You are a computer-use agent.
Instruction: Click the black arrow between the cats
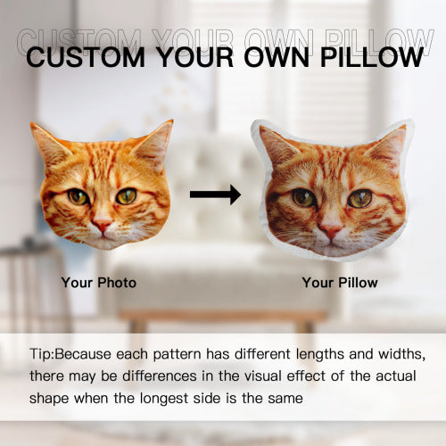pos(215,194)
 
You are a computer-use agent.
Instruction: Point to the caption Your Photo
pos(99,283)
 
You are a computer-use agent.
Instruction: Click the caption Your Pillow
pos(340,283)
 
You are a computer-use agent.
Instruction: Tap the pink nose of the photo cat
pos(102,226)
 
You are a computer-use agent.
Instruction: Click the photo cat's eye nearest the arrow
pos(127,195)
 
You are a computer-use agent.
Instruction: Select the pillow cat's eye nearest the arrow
pos(303,197)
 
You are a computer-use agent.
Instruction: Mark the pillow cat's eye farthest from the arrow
pos(359,198)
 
